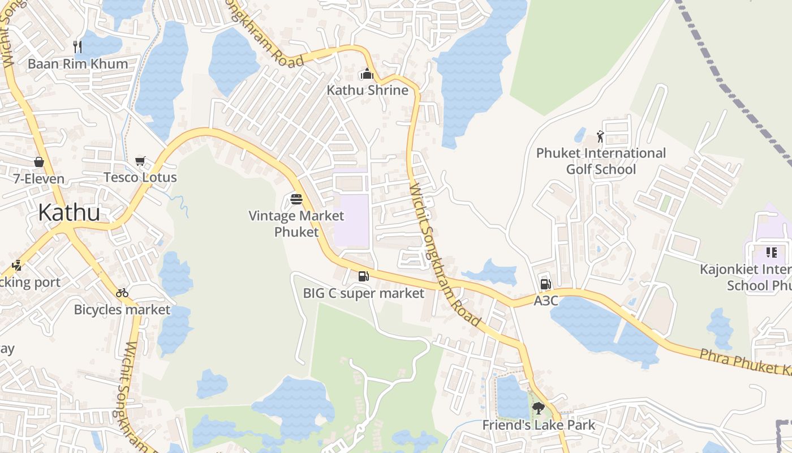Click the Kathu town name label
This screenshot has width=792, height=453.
pyautogui.click(x=69, y=212)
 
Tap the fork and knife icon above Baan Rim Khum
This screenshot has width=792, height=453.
pyautogui.click(x=78, y=46)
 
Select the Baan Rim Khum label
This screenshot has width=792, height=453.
pyautogui.click(x=78, y=63)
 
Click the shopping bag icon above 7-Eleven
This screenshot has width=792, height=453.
pyautogui.click(x=39, y=162)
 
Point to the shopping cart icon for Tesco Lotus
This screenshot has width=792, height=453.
pyautogui.click(x=140, y=161)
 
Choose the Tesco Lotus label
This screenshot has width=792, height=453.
pyautogui.click(x=140, y=177)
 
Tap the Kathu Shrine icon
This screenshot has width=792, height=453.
pyautogui.click(x=367, y=74)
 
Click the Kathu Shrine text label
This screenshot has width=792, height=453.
pyautogui.click(x=367, y=90)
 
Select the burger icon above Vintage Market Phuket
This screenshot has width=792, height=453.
pyautogui.click(x=296, y=199)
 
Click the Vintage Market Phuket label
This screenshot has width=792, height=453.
pyautogui.click(x=296, y=224)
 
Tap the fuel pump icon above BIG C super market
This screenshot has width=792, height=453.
pyautogui.click(x=363, y=276)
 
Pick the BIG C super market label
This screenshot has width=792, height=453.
pyautogui.click(x=363, y=293)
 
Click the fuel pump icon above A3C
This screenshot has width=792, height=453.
pyautogui.click(x=545, y=284)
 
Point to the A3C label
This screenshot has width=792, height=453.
pyautogui.click(x=546, y=301)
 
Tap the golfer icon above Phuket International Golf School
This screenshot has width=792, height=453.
pyautogui.click(x=600, y=136)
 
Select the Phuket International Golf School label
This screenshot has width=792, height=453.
pyautogui.click(x=601, y=161)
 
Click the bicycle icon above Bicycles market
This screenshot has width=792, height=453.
pyautogui.click(x=122, y=293)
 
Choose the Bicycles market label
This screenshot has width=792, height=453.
pyautogui.click(x=122, y=310)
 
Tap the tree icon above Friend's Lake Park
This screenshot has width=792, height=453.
pyautogui.click(x=539, y=408)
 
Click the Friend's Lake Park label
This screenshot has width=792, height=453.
pyautogui.click(x=539, y=425)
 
